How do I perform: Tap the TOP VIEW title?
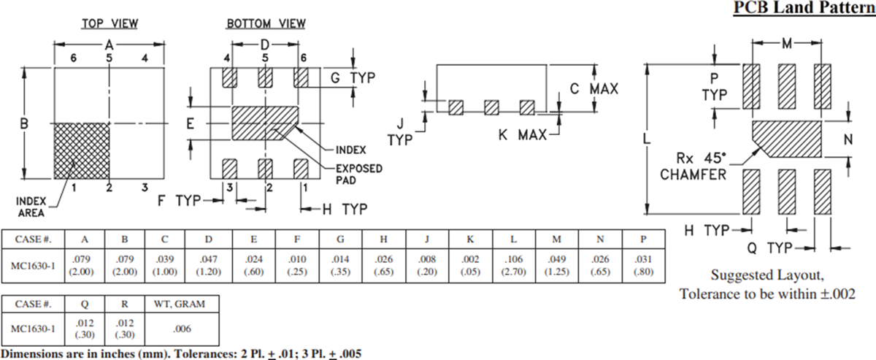[x=109, y=23]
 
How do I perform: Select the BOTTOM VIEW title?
[x=266, y=23]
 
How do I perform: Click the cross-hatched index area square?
[x=82, y=150]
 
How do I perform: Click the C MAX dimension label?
[x=593, y=89]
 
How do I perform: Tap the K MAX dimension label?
[x=522, y=135]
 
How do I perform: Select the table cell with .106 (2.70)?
[x=514, y=264]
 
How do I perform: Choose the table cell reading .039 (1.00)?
[x=165, y=264]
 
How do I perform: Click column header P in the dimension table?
[x=642, y=240]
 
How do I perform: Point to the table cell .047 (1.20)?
[x=208, y=264]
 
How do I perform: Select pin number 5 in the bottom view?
[x=265, y=58]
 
